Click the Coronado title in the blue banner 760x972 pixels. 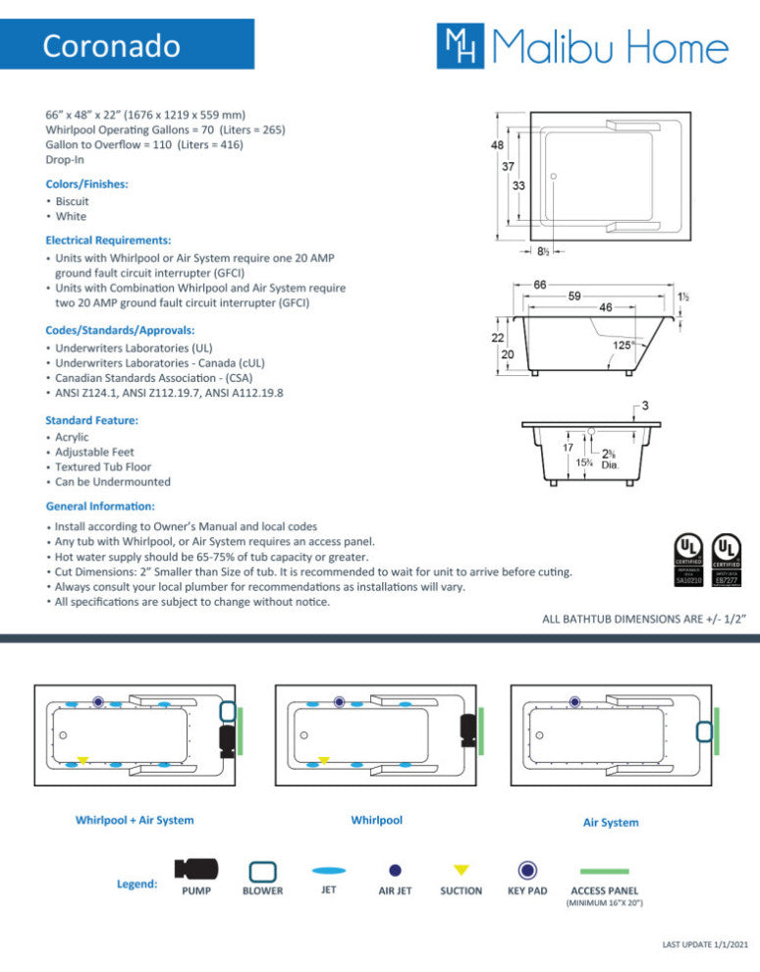coord(111,45)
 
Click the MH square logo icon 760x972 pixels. coord(458,45)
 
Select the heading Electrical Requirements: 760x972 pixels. coord(108,240)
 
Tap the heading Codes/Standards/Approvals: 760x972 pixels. coord(120,330)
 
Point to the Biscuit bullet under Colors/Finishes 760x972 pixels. coord(72,201)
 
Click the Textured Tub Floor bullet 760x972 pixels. coord(104,467)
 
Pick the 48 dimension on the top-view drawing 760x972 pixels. coord(499,145)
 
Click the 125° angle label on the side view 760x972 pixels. coord(623,345)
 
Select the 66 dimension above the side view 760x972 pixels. coord(540,285)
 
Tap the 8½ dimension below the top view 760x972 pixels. coord(543,251)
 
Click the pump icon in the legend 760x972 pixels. coord(196,869)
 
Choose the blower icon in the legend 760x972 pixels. coord(262,871)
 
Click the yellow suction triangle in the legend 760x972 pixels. coord(461,870)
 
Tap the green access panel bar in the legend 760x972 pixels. coord(604,871)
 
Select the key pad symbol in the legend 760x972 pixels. coord(528,870)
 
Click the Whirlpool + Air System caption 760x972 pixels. coord(135,820)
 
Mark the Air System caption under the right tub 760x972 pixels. coord(611,823)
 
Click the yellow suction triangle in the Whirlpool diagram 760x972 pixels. coord(324,760)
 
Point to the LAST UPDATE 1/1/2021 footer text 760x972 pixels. coord(705,945)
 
